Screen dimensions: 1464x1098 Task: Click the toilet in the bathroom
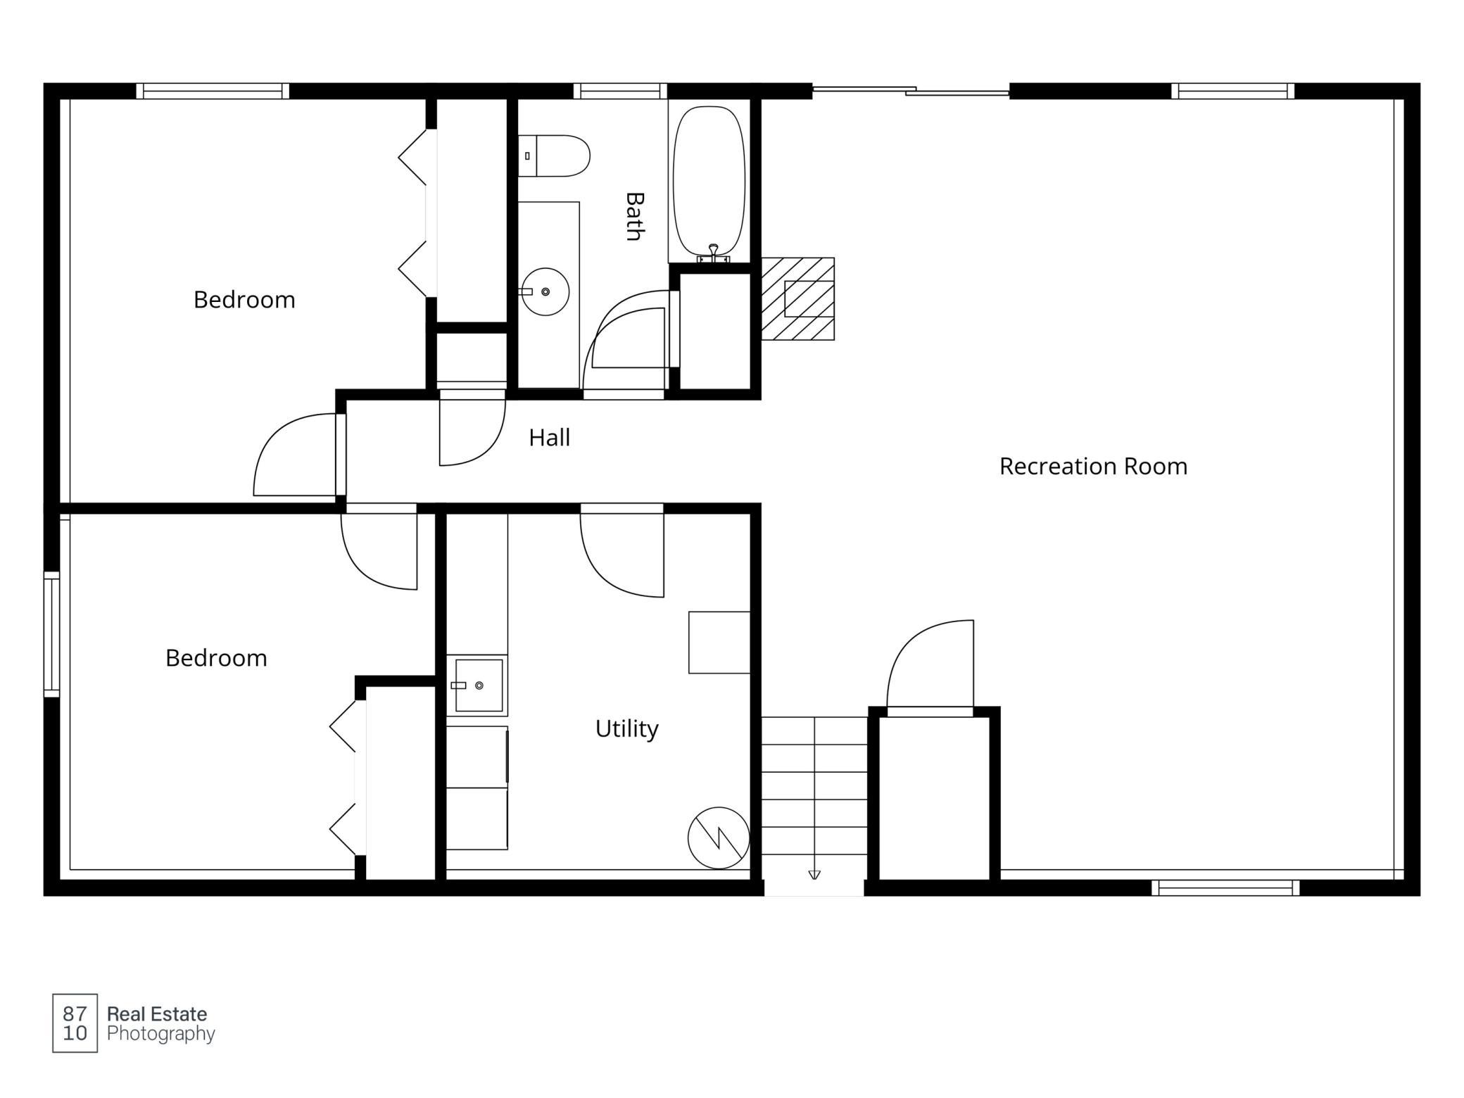[x=554, y=156]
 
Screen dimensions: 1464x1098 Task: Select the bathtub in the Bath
[x=709, y=181]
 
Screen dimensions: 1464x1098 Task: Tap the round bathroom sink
[x=545, y=291]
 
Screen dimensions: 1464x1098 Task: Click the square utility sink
[x=478, y=685]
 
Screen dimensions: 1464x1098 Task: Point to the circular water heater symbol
[x=719, y=838]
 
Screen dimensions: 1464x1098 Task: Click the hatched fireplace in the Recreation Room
[x=798, y=299]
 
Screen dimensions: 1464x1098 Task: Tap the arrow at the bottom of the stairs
[x=814, y=875]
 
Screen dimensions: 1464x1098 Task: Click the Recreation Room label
[x=1093, y=466]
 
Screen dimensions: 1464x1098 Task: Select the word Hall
[x=549, y=438]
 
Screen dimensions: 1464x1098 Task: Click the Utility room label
[x=626, y=728]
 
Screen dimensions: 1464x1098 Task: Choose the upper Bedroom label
[x=244, y=300]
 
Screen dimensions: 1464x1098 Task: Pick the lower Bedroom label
[x=216, y=658]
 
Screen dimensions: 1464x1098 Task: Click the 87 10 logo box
[x=75, y=1023]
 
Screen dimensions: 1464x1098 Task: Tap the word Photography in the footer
[x=161, y=1034]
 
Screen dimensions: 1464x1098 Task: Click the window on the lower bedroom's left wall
[x=52, y=634]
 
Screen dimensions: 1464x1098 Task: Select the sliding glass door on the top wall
[x=911, y=91]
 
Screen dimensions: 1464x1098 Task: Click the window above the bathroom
[x=620, y=91]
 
